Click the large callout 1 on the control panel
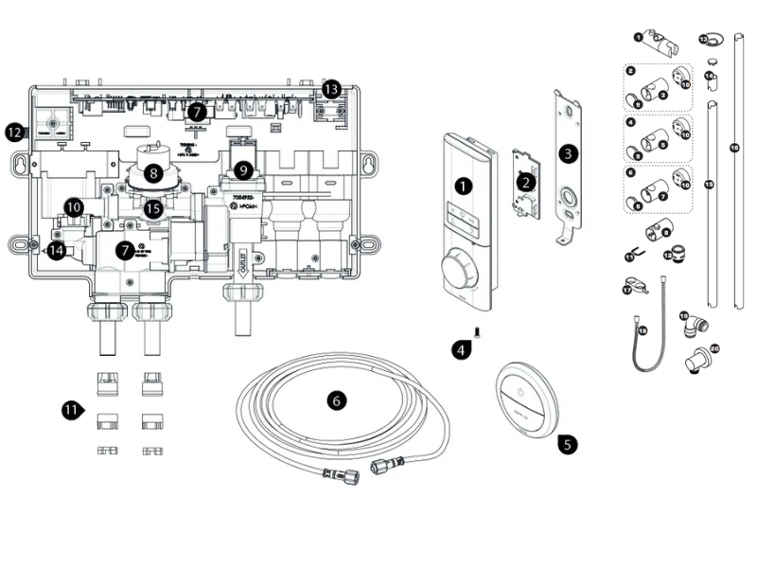click(463, 186)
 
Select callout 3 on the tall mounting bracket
click(567, 152)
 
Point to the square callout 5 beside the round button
click(566, 441)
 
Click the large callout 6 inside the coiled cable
click(336, 400)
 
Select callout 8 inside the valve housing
click(151, 174)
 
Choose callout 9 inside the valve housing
click(245, 170)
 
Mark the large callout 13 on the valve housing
click(330, 88)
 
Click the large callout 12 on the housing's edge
click(13, 133)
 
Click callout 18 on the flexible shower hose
click(642, 331)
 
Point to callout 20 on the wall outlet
click(714, 348)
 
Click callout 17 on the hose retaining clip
click(626, 291)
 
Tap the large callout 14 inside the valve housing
click(57, 250)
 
